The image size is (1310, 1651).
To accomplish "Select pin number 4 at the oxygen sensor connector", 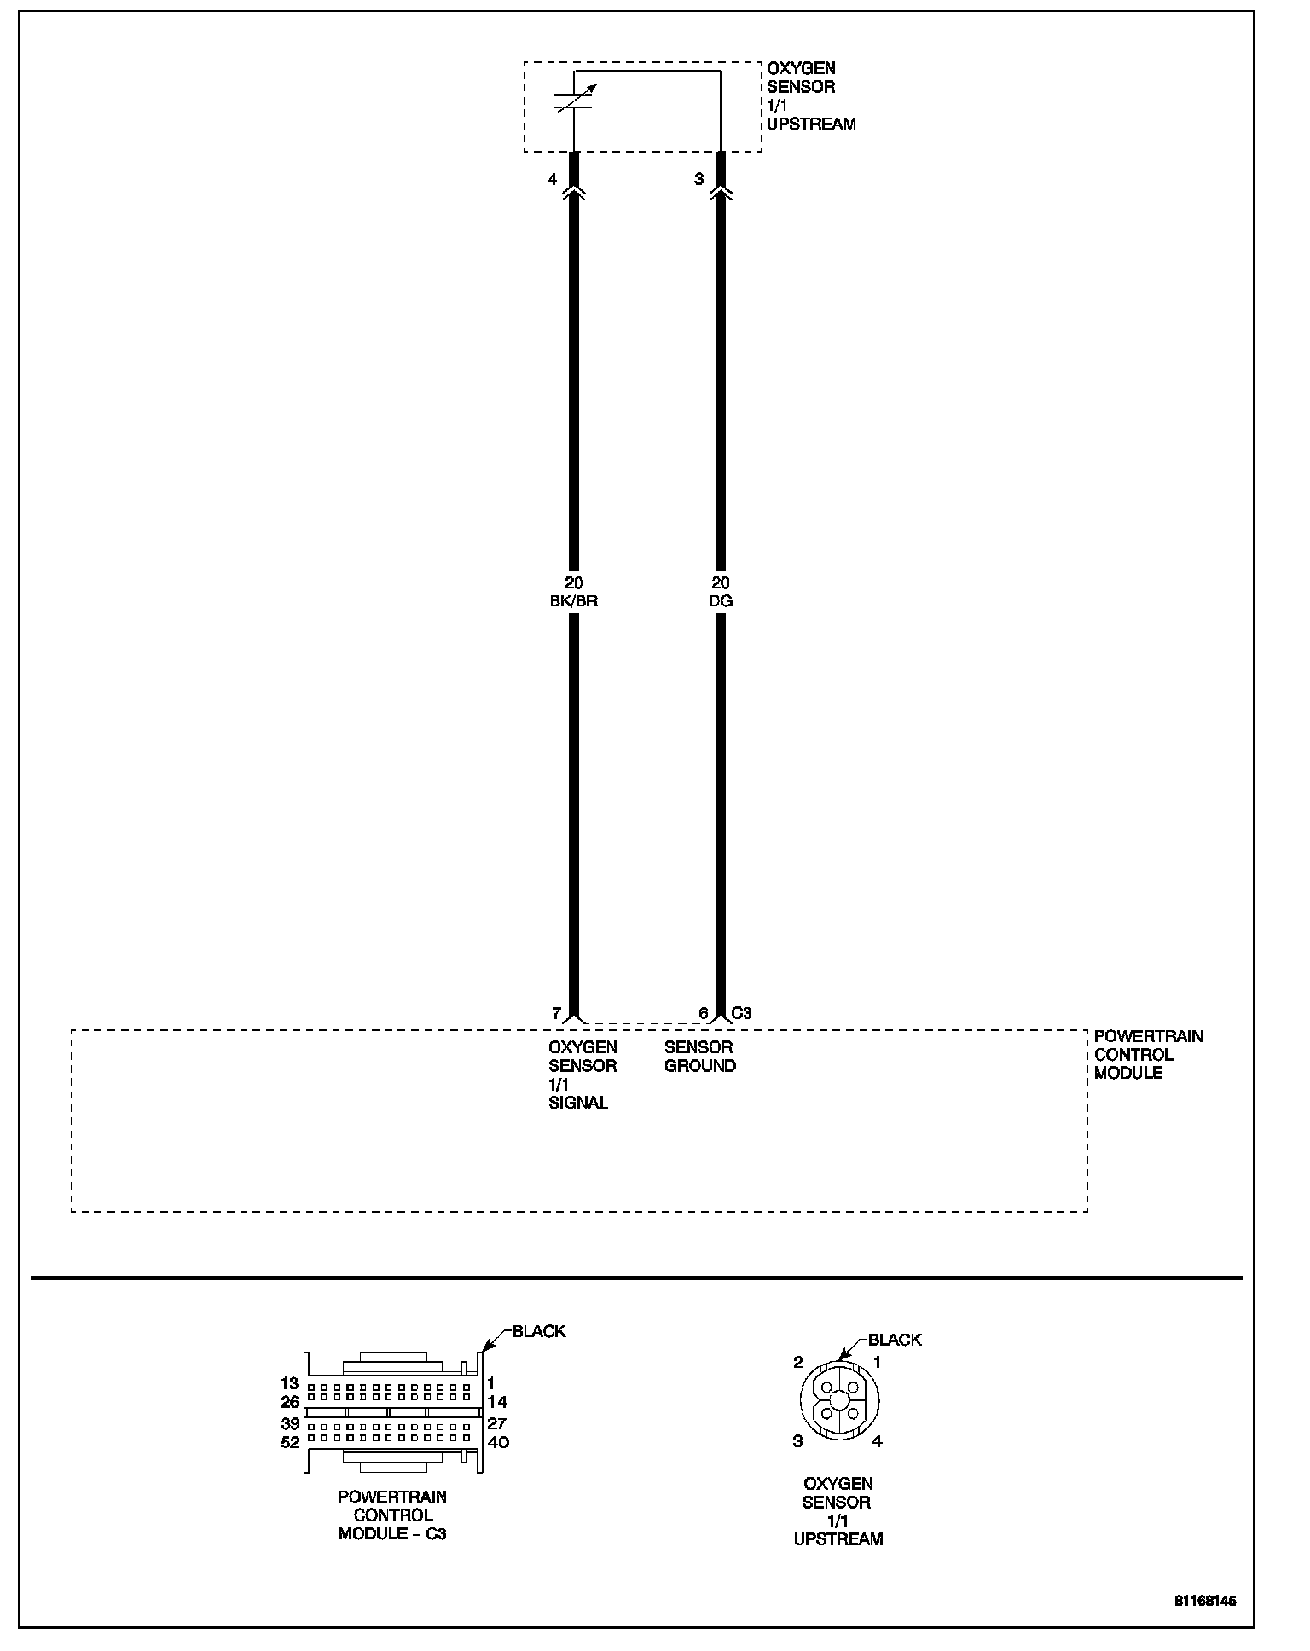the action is coord(553,179).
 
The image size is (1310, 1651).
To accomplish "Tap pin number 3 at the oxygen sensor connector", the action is coord(699,179).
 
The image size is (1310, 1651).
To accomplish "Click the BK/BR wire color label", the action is coord(574,601).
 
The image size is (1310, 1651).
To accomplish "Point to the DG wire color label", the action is coord(721,601).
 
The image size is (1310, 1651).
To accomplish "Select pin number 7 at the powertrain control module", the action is coord(556,1013).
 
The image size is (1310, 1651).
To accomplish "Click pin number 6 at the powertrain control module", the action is coord(704,1013).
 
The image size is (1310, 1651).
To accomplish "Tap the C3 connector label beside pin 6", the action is coord(741,1013).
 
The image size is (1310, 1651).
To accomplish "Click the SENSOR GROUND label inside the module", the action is coord(699,1056).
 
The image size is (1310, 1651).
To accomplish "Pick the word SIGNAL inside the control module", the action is coord(578,1103).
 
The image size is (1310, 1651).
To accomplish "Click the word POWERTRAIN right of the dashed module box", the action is coord(1148,1036).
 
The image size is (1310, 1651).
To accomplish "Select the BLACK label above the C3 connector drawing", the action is coord(539,1331).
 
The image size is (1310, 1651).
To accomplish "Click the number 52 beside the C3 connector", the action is coord(290,1442).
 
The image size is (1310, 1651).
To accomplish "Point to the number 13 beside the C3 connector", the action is coord(290,1383).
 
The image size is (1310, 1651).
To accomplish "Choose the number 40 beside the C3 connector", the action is coord(497,1442).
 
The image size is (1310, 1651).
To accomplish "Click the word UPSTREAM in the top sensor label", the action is coord(811,125).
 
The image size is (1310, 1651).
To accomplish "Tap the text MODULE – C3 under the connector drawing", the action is coord(392,1533).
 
